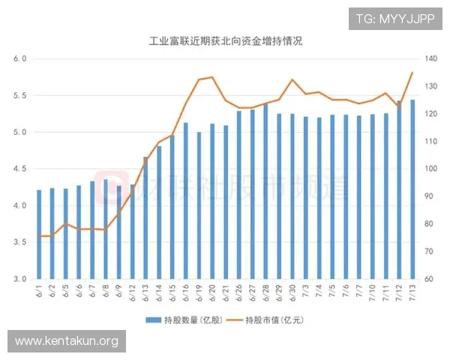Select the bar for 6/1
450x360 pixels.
[39, 234]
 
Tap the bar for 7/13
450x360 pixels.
[412, 189]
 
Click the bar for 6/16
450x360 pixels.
[185, 201]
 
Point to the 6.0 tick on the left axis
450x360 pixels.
[20, 58]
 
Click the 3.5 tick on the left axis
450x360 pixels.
[20, 242]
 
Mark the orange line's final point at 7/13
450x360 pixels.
[412, 73]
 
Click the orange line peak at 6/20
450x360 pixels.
[212, 77]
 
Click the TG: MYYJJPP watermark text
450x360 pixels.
[395, 18]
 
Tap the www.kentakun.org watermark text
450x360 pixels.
[66, 342]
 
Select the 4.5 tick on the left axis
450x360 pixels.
[20, 169]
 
